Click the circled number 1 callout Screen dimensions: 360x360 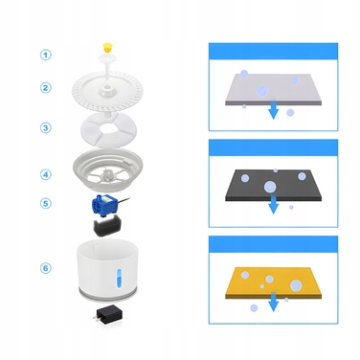pos(46,55)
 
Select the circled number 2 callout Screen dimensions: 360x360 pos(46,87)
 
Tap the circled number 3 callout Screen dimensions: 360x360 pos(46,127)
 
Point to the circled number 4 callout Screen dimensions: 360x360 pos(46,174)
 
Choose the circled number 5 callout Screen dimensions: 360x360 pos(46,203)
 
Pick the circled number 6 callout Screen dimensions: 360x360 pos(46,268)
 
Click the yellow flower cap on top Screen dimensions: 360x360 pos(107,48)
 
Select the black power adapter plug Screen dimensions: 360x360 pos(107,317)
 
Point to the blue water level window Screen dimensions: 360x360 pos(119,278)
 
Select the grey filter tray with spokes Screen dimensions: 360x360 pos(107,170)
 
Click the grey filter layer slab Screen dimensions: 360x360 pos(274,90)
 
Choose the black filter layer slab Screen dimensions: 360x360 pos(273,185)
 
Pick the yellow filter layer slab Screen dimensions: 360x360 pos(273,282)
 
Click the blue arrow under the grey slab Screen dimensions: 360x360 pos(273,109)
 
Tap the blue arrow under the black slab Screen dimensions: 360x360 pos(273,204)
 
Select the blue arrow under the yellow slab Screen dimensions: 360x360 pos(273,302)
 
